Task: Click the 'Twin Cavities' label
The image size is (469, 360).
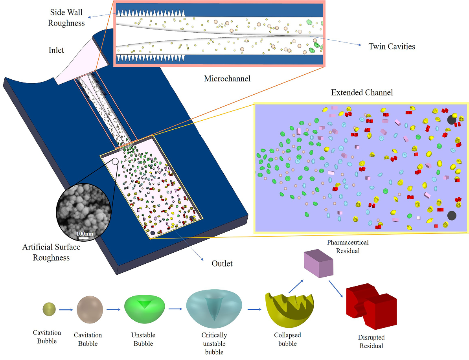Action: pos(392,46)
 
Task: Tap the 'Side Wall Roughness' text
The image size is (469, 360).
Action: pos(66,18)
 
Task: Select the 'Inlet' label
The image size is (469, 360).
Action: pos(56,50)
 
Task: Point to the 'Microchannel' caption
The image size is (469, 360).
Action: pos(227,79)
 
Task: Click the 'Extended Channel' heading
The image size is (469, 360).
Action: pos(362,93)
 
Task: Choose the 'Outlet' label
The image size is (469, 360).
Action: pos(222,263)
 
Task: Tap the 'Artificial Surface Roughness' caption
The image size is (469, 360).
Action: pos(51,252)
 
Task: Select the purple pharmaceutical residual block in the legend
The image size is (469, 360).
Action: pos(319,264)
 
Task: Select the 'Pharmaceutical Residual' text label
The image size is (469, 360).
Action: pos(348,246)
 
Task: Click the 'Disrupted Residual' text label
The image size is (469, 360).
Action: pos(371,342)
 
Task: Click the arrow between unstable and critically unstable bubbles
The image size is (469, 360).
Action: pos(176,309)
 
